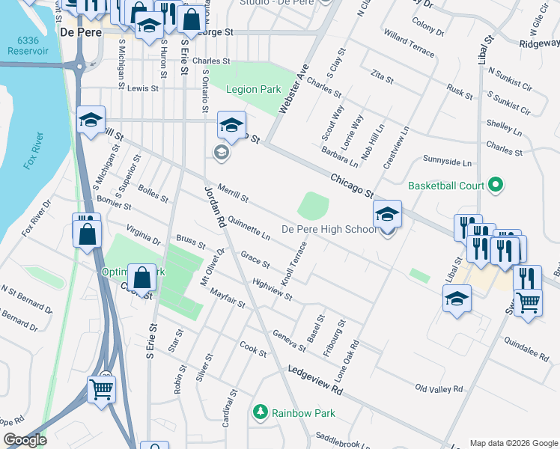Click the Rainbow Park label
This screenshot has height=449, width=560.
coord(303,413)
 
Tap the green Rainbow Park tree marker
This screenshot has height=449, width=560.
coord(261,412)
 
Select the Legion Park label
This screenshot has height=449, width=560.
coord(254,90)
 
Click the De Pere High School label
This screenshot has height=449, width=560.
coord(329,229)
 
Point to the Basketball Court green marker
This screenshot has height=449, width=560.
coord(494,184)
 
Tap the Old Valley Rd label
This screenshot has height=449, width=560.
coord(439,389)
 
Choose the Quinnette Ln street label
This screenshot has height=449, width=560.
coord(249,228)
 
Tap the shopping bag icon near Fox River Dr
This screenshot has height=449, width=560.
coord(88,233)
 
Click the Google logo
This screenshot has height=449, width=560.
coord(24,440)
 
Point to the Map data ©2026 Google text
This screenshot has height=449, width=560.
coord(513,442)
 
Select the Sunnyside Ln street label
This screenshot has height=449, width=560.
coord(448,161)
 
